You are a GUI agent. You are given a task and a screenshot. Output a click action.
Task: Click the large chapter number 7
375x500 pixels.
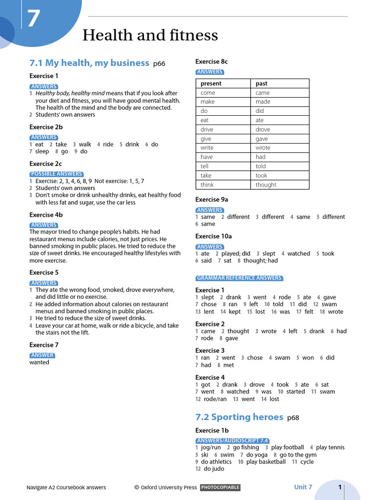coord(34,20)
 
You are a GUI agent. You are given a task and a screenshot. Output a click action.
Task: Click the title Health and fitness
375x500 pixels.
coord(150,36)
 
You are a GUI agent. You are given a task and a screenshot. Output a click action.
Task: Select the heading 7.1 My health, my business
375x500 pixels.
coord(89,62)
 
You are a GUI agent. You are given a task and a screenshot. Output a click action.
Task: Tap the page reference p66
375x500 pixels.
coord(159,63)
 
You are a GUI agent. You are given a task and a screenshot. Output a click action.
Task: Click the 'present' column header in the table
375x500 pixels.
coord(211,83)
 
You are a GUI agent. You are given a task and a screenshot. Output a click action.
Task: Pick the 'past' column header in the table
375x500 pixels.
coord(262,83)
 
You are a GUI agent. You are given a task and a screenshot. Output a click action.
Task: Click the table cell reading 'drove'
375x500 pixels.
coord(263,129)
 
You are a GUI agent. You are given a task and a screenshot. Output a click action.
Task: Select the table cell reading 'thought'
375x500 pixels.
coord(266,185)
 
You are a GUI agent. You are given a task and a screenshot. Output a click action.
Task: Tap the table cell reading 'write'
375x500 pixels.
coord(207,147)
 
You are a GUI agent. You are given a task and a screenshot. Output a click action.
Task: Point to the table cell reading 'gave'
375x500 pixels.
coord(262,139)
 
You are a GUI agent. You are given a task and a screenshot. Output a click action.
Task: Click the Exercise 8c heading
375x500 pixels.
coord(211,62)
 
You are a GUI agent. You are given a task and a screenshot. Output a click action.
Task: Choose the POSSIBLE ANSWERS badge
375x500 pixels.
coord(56,174)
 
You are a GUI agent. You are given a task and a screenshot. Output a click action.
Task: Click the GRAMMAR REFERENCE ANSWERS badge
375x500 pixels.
coord(239,278)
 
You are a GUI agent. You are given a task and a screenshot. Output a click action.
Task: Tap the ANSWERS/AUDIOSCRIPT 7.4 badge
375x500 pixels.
coord(232,440)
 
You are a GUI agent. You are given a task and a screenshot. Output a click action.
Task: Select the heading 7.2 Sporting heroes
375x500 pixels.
coord(239,417)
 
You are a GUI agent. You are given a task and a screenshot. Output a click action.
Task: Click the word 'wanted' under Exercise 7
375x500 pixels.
coord(39,362)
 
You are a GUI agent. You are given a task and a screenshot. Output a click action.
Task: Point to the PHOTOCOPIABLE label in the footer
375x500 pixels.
coord(220,487)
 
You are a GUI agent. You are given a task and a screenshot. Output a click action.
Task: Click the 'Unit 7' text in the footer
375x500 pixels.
coord(303,487)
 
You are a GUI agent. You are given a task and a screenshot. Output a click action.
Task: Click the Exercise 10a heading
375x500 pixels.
coord(213,236)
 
